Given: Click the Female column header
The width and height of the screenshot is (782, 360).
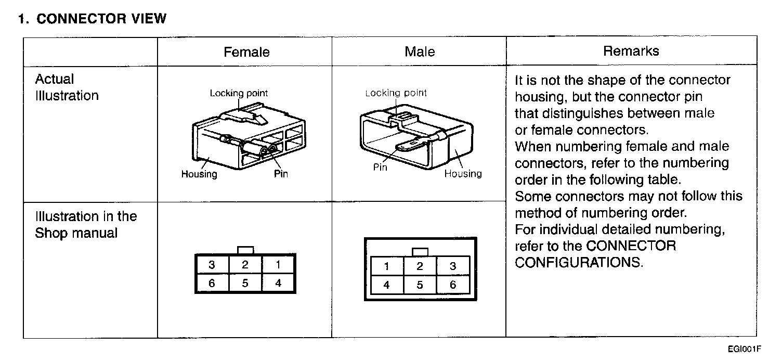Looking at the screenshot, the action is (x=246, y=52).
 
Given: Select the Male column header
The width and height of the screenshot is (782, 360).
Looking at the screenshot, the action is (x=420, y=52).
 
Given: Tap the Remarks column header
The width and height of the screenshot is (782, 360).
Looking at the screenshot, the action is (x=631, y=51).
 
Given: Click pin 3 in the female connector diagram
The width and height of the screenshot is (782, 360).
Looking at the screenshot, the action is (x=212, y=265).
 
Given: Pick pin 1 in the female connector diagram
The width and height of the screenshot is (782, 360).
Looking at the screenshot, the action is (x=278, y=265).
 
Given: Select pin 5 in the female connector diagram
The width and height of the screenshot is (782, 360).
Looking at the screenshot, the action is (x=245, y=284).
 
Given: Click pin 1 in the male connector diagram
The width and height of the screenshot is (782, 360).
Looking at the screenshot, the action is (x=386, y=266).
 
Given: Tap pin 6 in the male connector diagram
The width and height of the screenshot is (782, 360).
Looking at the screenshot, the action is (x=453, y=285).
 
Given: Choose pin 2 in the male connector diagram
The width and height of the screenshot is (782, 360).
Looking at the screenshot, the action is (x=420, y=266).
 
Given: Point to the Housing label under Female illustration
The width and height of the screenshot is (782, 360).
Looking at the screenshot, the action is (x=199, y=174).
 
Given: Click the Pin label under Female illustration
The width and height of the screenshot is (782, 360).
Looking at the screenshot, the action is (x=281, y=174).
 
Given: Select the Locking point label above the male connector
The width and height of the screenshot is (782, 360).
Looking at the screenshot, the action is (x=396, y=93).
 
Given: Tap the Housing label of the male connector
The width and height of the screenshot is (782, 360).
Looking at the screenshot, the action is (x=463, y=174).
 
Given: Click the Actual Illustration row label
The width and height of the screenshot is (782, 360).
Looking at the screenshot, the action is (x=66, y=87).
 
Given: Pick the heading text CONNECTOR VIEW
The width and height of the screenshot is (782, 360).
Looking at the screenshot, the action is (x=101, y=19).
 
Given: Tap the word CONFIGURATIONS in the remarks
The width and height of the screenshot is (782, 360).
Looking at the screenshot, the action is (x=579, y=262).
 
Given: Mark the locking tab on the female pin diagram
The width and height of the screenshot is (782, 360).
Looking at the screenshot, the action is (x=245, y=250).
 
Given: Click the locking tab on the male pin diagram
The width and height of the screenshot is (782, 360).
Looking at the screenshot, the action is (x=420, y=252).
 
